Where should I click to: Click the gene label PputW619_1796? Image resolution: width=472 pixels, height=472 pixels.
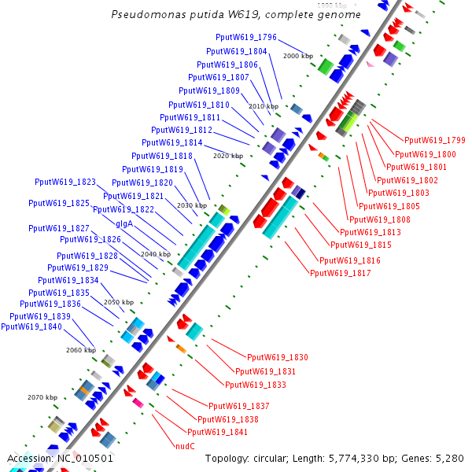pos(246,37)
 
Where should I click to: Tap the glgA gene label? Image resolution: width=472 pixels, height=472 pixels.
pos(124,223)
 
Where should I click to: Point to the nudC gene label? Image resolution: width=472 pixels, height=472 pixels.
pos(186,445)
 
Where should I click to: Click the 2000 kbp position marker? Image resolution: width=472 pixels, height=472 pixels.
pos(298,56)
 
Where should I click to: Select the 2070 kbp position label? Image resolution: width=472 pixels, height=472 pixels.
pos(42,397)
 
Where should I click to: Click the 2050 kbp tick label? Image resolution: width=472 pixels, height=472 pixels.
pos(119,302)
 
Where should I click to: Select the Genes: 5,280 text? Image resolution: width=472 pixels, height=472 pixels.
pos(441,458)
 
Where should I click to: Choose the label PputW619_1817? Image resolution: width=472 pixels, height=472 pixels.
pos(341,273)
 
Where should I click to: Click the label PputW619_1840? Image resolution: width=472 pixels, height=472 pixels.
pos(31,326)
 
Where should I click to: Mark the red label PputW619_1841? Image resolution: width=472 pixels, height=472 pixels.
pos(217,432)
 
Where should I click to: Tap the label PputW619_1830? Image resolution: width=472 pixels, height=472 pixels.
pos(278,357)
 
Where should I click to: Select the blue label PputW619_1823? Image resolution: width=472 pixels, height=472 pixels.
pos(65,182)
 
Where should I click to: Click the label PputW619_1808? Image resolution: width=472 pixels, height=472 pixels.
pos(380,219)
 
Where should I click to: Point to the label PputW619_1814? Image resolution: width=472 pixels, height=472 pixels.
pos(172,142)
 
